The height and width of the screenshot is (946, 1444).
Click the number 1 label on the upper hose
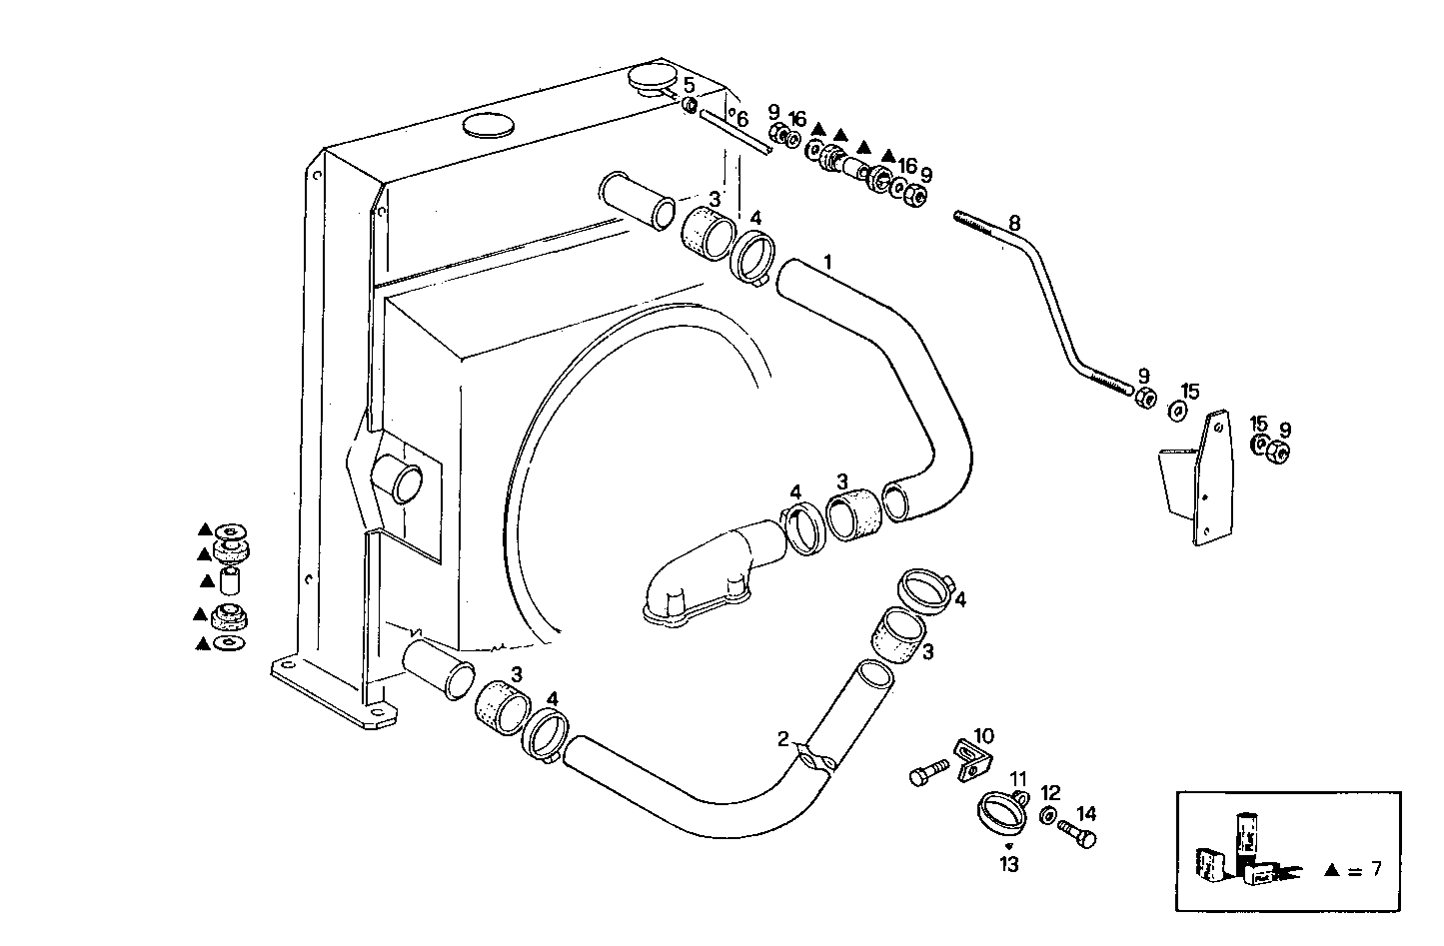827,261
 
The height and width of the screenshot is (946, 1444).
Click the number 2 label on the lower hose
784,739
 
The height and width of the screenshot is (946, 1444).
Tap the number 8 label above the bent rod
1014,222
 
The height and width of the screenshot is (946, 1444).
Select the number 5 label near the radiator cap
689,85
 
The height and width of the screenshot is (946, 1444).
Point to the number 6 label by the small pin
741,119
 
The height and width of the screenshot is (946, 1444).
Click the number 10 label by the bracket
983,736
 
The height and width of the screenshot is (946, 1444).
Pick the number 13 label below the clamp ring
1009,864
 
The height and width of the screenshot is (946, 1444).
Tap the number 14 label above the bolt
1086,813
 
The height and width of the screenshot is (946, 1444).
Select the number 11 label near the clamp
1017,778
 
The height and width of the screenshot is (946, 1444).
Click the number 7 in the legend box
1375,869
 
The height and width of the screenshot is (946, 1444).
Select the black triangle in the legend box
1331,870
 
